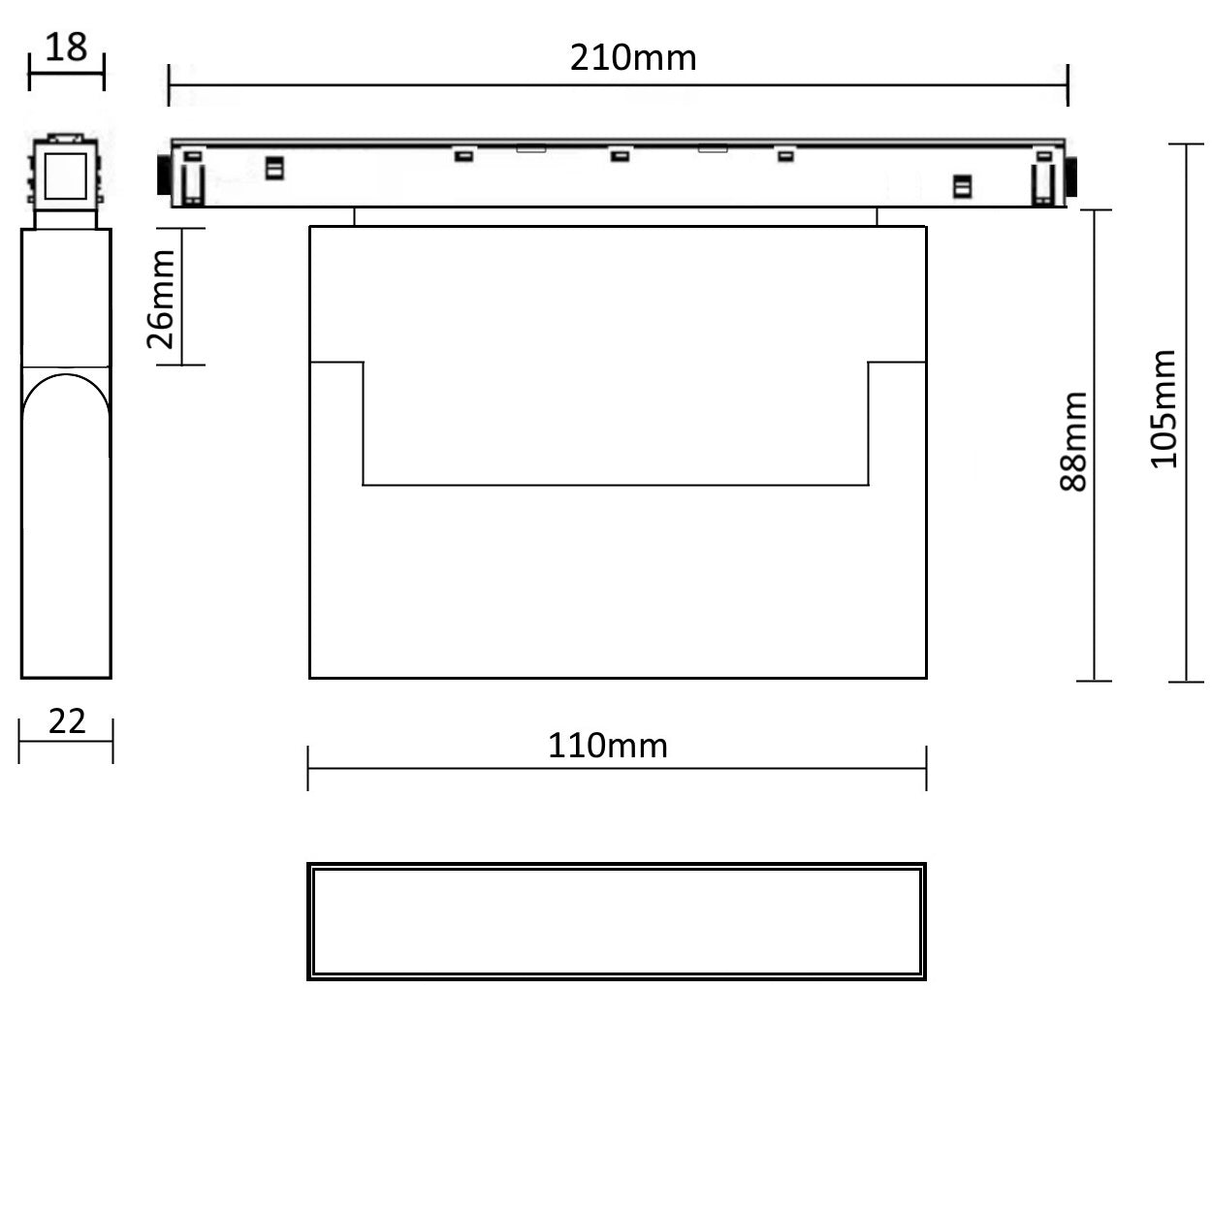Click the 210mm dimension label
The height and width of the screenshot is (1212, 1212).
(x=632, y=58)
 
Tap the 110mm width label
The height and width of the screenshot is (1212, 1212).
(x=607, y=746)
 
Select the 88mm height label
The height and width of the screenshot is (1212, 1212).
(x=1073, y=441)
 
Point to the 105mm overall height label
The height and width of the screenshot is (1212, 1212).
(x=1163, y=409)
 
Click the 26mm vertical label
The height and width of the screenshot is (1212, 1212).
(x=161, y=298)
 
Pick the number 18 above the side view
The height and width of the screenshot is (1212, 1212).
(x=66, y=47)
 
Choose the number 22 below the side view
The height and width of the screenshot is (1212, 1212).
(x=67, y=720)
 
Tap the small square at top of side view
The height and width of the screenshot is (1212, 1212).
(x=66, y=175)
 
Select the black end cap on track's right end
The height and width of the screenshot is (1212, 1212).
(x=1072, y=177)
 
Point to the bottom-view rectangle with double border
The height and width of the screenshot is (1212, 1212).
(x=617, y=921)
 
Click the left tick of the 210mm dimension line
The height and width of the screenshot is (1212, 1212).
(x=170, y=85)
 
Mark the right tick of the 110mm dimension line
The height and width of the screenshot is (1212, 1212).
(x=926, y=768)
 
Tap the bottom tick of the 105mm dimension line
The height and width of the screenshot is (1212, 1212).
(x=1186, y=682)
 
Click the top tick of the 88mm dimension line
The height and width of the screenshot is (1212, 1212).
(x=1095, y=209)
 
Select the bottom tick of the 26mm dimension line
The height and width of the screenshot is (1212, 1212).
(x=181, y=366)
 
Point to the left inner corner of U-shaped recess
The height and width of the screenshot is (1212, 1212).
(x=364, y=484)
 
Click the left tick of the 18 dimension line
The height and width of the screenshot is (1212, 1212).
(x=30, y=73)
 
